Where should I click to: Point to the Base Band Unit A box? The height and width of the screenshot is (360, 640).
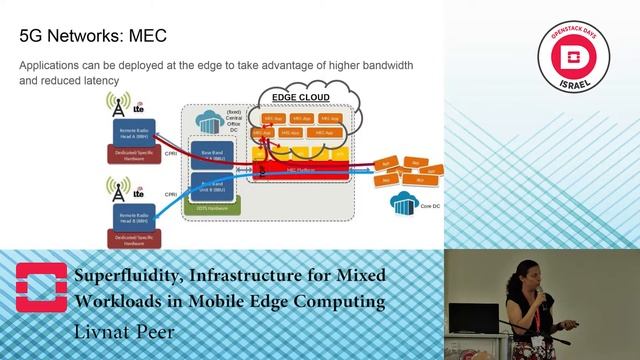tap(211, 152)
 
